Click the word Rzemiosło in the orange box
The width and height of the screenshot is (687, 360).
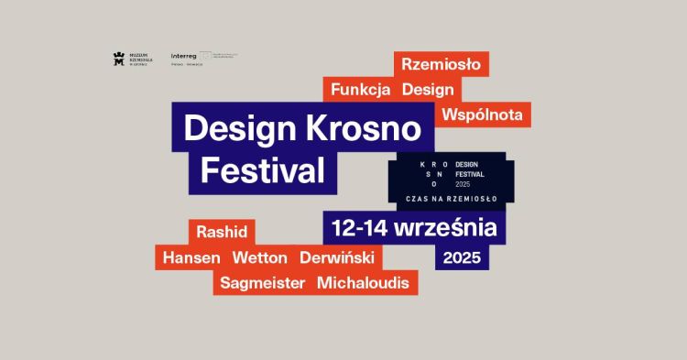(x=442, y=65)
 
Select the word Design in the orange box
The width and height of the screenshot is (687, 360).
(x=427, y=90)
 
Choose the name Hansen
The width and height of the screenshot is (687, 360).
(x=191, y=257)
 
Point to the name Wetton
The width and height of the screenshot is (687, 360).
(x=259, y=257)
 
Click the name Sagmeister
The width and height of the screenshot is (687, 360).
(x=262, y=282)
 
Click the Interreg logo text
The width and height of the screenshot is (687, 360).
(x=184, y=57)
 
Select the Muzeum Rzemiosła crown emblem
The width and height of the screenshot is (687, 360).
(x=118, y=59)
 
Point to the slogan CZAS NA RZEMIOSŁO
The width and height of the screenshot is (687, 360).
(x=450, y=197)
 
